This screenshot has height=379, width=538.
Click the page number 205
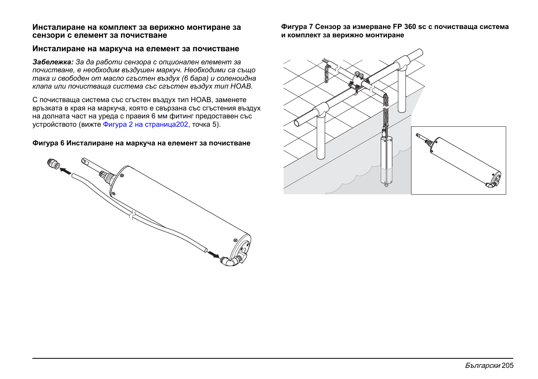click(x=507, y=365)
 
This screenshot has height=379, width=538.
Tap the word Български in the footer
click(x=482, y=365)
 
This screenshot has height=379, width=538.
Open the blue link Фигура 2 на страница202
click(x=145, y=124)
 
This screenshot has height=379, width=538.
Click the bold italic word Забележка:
click(x=53, y=62)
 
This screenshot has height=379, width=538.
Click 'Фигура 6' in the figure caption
click(x=48, y=143)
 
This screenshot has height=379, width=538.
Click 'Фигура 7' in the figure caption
click(x=297, y=27)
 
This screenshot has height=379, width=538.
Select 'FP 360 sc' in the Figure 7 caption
click(x=409, y=27)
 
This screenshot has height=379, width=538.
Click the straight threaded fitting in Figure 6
click(x=53, y=163)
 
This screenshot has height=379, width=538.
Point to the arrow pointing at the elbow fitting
click(x=214, y=254)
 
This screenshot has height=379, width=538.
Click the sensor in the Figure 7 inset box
click(x=462, y=161)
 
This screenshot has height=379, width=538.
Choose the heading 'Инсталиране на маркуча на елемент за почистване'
click(x=136, y=49)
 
